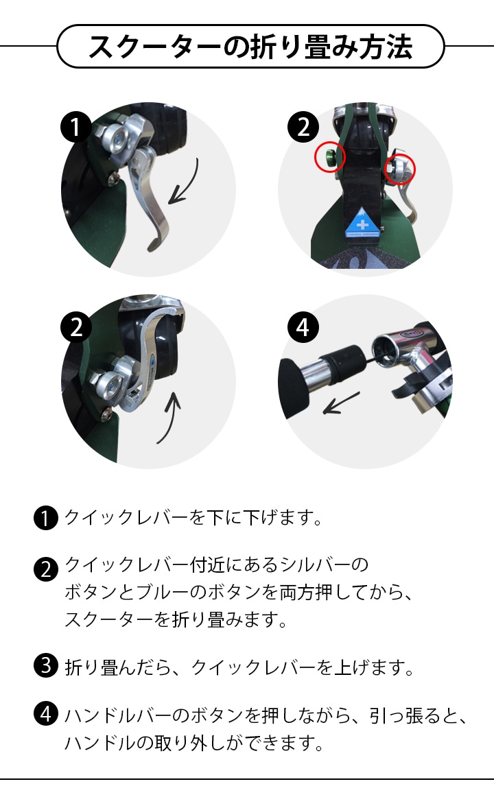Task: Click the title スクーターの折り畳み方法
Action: pyautogui.click(x=250, y=46)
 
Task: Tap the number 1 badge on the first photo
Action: pyautogui.click(x=76, y=127)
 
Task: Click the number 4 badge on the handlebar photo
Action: pyautogui.click(x=303, y=327)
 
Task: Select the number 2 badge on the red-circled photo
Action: pyautogui.click(x=303, y=127)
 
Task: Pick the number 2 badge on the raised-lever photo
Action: pyautogui.click(x=76, y=327)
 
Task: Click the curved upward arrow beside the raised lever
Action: pyautogui.click(x=172, y=418)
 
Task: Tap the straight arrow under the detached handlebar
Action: pyautogui.click(x=341, y=403)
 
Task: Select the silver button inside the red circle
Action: pyautogui.click(x=399, y=167)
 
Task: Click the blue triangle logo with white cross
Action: pyautogui.click(x=362, y=222)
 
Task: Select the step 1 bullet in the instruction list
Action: pyautogui.click(x=46, y=518)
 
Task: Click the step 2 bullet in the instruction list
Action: pyautogui.click(x=46, y=569)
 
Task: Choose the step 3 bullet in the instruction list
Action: pyautogui.click(x=46, y=665)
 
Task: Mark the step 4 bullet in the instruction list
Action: pyautogui.click(x=46, y=713)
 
